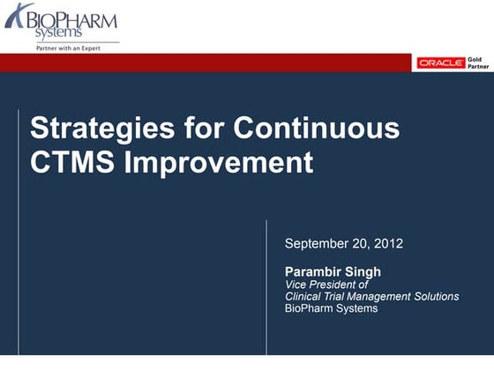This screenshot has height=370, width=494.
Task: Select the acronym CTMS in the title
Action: click(66, 162)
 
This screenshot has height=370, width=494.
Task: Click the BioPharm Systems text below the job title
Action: click(331, 308)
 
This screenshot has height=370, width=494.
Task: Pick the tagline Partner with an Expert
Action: click(68, 48)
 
